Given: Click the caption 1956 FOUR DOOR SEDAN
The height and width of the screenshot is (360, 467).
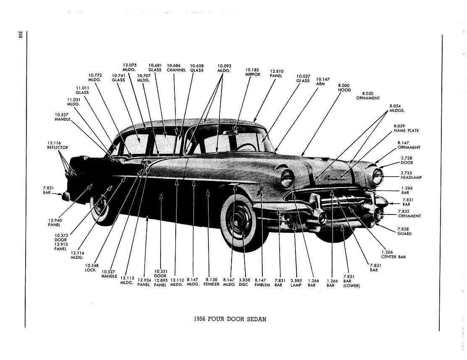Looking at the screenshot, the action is point(230,319).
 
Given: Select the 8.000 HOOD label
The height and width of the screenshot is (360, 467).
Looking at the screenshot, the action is point(344,87).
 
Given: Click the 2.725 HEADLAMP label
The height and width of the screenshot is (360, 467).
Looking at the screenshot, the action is point(411,175).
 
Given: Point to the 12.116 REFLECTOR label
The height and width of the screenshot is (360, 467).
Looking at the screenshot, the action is point(58,145).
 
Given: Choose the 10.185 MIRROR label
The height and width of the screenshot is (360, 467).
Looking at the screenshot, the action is point(252,72).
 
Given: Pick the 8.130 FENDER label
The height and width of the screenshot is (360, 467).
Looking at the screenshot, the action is point(211,282).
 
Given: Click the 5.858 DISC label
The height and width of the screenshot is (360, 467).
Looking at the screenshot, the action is point(244,282).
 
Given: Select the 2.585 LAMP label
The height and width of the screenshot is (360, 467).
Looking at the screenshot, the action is point(296,283).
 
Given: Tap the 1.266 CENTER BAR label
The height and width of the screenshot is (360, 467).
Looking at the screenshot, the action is point(393,254).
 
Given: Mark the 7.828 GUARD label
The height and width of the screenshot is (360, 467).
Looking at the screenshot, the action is point(404,231).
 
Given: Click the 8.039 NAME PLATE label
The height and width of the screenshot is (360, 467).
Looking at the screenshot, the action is point(406,128).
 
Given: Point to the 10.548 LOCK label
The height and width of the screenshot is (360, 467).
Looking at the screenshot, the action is point(90,267).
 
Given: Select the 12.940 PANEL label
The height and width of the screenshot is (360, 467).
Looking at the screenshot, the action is point(54,222).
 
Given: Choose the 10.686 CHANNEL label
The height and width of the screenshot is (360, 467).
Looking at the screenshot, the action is point(176,68).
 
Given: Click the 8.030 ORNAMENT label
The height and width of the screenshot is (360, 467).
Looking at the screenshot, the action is point(368,95).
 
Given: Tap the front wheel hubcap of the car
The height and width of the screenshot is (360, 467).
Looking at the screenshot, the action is point(239,220).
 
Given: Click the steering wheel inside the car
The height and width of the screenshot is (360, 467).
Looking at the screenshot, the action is point(247,147).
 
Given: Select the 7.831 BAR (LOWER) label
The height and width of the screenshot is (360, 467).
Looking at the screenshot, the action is point(351,281).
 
